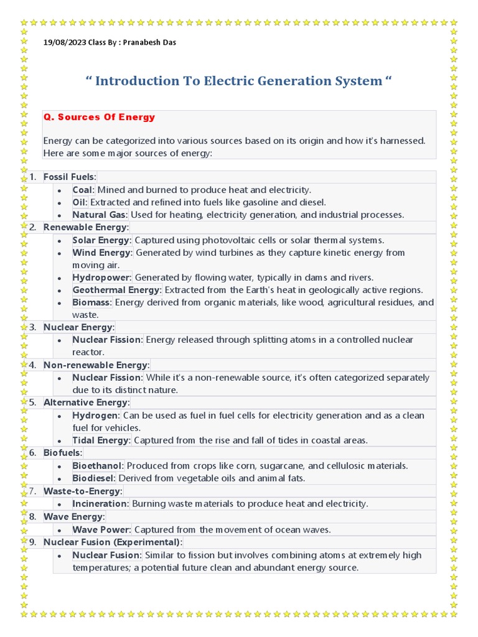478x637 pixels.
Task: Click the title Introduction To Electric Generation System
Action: (x=239, y=81)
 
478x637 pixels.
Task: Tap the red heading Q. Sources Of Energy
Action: (x=99, y=117)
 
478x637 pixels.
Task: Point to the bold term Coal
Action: (x=83, y=190)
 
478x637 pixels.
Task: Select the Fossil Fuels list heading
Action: (x=70, y=177)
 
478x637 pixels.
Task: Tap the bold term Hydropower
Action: (x=101, y=277)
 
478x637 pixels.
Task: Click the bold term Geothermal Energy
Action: (x=116, y=290)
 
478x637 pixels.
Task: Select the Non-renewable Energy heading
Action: (x=96, y=365)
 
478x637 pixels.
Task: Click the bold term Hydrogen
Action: (x=95, y=415)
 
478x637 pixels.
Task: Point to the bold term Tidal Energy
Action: (x=101, y=440)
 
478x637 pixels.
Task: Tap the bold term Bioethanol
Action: (x=98, y=465)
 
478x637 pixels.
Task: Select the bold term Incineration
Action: (x=100, y=503)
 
